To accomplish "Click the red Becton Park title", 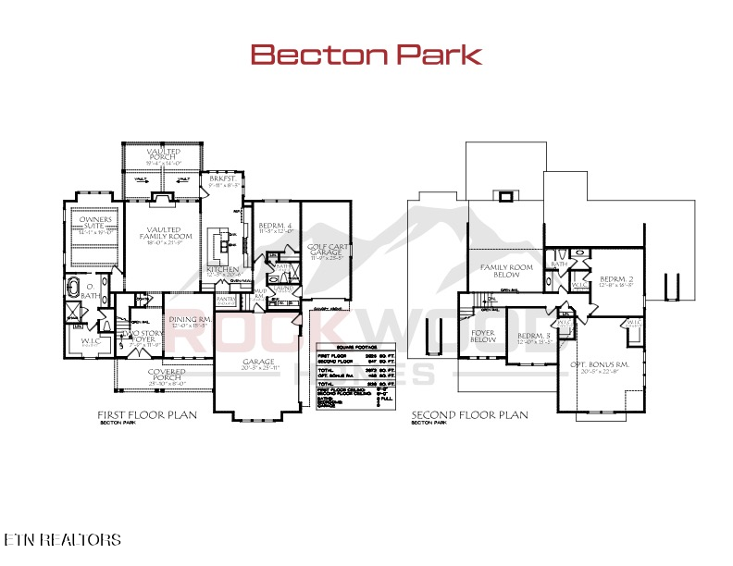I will coord(366,55).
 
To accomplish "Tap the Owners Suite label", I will coord(95,223).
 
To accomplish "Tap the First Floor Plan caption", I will coord(147,415).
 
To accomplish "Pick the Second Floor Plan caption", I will coord(469,415).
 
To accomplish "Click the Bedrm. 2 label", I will coord(615,279).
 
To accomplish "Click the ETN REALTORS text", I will coord(62,538).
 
